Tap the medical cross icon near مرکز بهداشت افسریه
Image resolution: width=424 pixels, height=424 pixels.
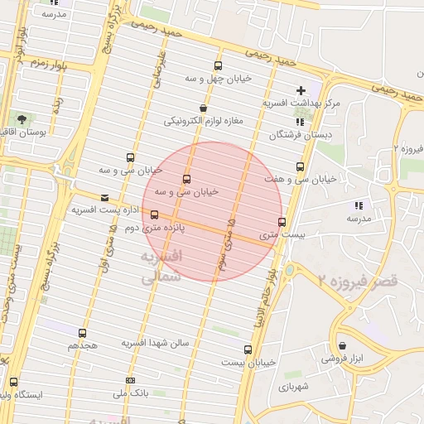point(301,90)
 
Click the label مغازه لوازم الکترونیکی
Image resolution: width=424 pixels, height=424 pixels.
point(203,121)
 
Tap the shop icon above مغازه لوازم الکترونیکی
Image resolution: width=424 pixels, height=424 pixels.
point(203,108)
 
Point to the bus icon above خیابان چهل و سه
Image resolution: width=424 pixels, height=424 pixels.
point(218,65)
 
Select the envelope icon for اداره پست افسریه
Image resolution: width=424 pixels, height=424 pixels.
point(104,198)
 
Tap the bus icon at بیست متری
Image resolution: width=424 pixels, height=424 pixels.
point(282,222)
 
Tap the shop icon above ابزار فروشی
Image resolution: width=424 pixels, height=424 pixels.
point(343,345)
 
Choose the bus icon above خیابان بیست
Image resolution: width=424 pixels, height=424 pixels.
point(248,349)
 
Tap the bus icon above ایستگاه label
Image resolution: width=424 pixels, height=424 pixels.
point(13,382)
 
